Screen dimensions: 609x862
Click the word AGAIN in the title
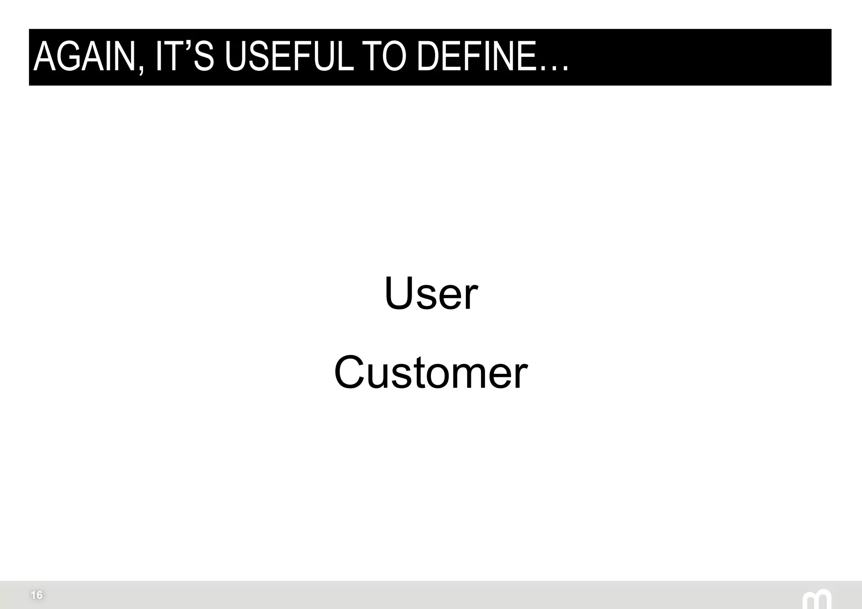84,57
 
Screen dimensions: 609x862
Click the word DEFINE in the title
476,57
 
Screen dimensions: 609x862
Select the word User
431,293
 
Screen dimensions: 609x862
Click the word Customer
431,372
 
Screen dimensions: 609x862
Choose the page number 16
37,595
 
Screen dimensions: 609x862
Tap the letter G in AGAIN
67,57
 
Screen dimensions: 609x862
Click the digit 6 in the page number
39,595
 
